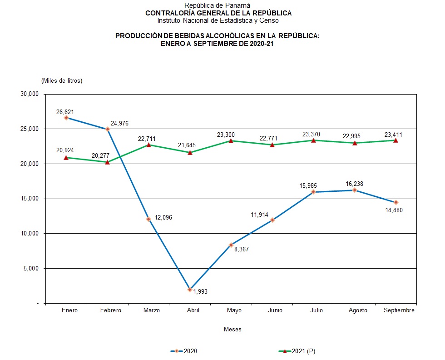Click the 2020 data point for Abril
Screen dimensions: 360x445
pos(190,290)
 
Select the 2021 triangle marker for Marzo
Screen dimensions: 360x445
pos(148,145)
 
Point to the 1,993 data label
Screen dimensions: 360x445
pos(200,291)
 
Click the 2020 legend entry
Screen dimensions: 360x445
pos(184,351)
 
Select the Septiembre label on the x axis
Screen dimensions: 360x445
pos(399,310)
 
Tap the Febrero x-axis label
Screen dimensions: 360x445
pos(110,310)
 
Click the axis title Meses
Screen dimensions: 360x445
pos(232,329)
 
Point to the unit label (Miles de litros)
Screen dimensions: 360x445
pos(62,81)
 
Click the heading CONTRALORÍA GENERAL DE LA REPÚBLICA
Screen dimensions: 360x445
pos(218,13)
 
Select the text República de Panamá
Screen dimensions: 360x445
pos(218,5)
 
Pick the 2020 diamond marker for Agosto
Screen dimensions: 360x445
pos(355,190)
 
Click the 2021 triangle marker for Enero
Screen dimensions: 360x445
pos(66,158)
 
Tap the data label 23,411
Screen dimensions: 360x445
pos(393,135)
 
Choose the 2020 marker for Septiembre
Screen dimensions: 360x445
pos(396,202)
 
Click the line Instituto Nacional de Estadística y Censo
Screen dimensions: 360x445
pos(218,20)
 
